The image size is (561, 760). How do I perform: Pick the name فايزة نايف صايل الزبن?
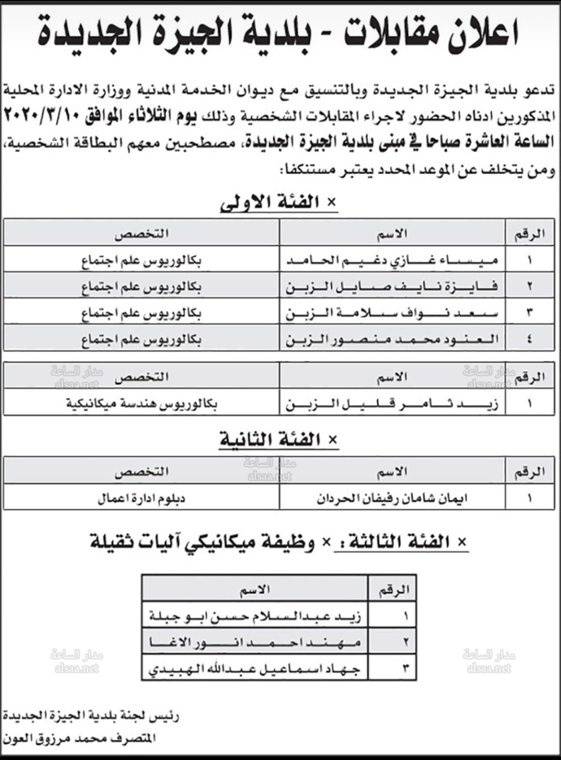pos(393,286)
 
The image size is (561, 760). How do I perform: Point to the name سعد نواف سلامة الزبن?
pos(393,313)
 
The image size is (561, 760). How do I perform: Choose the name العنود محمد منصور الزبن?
pos(393,340)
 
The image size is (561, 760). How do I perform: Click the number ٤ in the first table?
pos(529,340)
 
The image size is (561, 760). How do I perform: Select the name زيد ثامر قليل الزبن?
pos(393,404)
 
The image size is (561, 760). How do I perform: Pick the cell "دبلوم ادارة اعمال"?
pos(141,499)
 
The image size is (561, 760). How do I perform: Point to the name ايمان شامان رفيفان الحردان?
pos(393,499)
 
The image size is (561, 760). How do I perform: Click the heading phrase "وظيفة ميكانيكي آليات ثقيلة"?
pos(203,542)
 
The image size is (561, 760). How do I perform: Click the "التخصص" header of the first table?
pos(141,234)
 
